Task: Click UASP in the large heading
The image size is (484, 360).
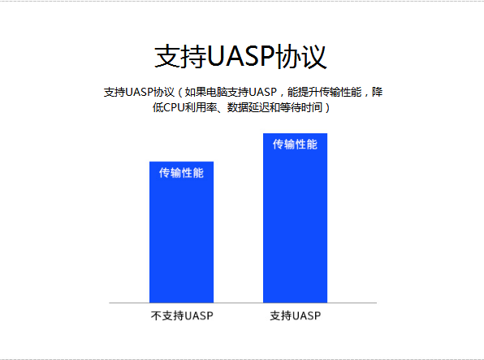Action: tap(240, 56)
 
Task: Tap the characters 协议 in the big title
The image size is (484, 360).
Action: tap(300, 56)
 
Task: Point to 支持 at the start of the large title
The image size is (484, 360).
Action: tap(180, 56)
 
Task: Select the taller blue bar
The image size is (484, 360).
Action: tap(295, 218)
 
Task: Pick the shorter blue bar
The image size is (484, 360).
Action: tap(182, 232)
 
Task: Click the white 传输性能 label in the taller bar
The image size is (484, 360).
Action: tap(295, 145)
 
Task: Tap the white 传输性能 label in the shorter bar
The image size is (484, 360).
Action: tap(182, 173)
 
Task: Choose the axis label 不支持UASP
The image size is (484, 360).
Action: tap(182, 315)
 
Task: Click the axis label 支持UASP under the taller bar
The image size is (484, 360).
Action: tap(296, 315)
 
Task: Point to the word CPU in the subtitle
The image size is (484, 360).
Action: tap(174, 107)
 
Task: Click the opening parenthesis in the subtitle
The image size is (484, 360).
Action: tap(180, 92)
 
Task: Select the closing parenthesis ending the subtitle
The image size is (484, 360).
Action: tap(327, 107)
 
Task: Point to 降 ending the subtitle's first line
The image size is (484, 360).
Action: tap(377, 92)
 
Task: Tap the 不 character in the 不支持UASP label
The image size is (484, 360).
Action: tap(156, 315)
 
